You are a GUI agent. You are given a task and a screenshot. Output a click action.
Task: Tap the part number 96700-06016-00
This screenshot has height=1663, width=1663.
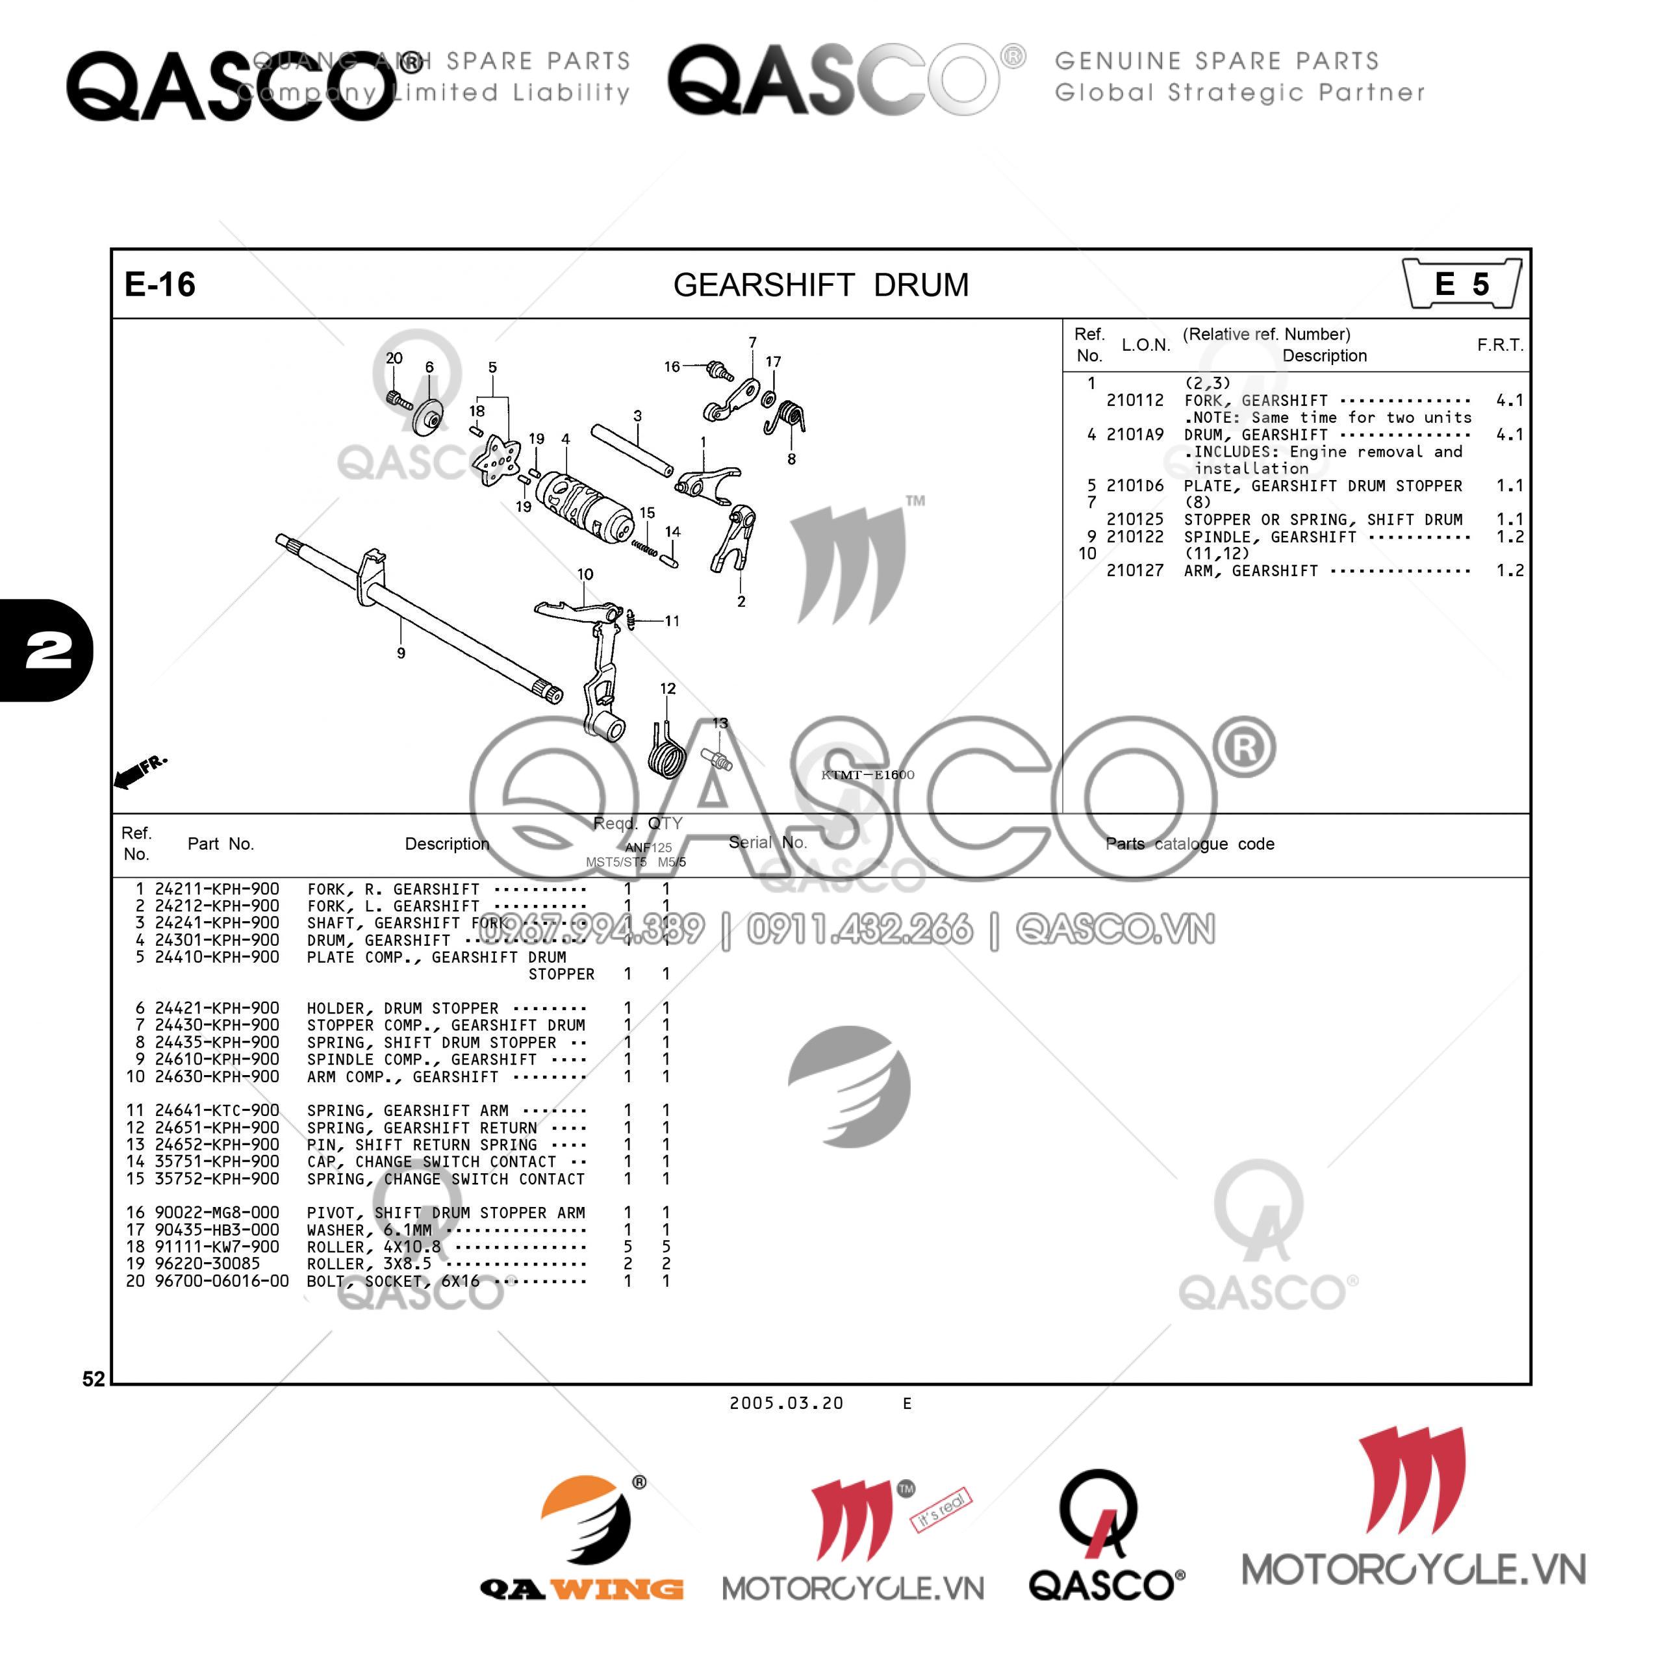pos(222,1281)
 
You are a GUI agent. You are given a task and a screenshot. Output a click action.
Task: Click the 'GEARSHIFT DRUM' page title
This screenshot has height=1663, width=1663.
pos(820,285)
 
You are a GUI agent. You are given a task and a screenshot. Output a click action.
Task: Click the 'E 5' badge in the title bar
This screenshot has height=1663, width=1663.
pos(1461,284)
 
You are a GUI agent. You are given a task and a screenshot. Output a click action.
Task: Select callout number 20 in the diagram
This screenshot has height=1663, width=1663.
pos(394,358)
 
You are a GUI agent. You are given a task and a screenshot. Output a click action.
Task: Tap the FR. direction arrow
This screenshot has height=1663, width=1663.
pos(138,771)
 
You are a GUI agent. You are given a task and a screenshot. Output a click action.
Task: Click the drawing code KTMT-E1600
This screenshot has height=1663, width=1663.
pos(868,775)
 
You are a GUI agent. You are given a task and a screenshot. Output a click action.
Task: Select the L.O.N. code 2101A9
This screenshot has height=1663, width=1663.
pos(1134,435)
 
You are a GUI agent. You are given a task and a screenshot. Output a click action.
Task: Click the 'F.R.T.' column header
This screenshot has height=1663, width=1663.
pos(1499,345)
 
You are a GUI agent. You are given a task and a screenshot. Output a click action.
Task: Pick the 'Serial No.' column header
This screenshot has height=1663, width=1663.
pos(768,843)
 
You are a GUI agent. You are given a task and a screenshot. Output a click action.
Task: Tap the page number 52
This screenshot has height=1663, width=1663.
pos(93,1379)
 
